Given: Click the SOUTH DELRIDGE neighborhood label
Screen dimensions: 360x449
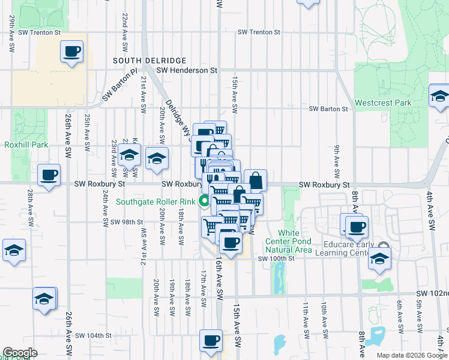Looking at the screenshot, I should pyautogui.click(x=149, y=61).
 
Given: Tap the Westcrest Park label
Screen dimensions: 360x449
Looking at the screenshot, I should pyautogui.click(x=383, y=103).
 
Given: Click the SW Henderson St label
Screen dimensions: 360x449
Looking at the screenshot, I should pyautogui.click(x=186, y=70).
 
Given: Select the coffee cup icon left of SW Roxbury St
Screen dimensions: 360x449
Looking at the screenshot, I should pyautogui.click(x=49, y=175).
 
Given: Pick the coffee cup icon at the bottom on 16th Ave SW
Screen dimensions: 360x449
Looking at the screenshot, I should pyautogui.click(x=211, y=340).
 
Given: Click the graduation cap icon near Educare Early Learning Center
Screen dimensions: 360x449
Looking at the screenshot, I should pyautogui.click(x=379, y=258).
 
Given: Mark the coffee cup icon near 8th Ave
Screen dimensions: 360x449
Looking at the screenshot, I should pyautogui.click(x=357, y=226).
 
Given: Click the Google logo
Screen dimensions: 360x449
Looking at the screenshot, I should pyautogui.click(x=20, y=353).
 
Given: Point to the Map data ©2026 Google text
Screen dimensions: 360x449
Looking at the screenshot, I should pyautogui.click(x=411, y=355).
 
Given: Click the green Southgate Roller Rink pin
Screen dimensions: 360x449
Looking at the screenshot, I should pyautogui.click(x=205, y=202).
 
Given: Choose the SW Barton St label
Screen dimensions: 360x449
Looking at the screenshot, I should pyautogui.click(x=328, y=109).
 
